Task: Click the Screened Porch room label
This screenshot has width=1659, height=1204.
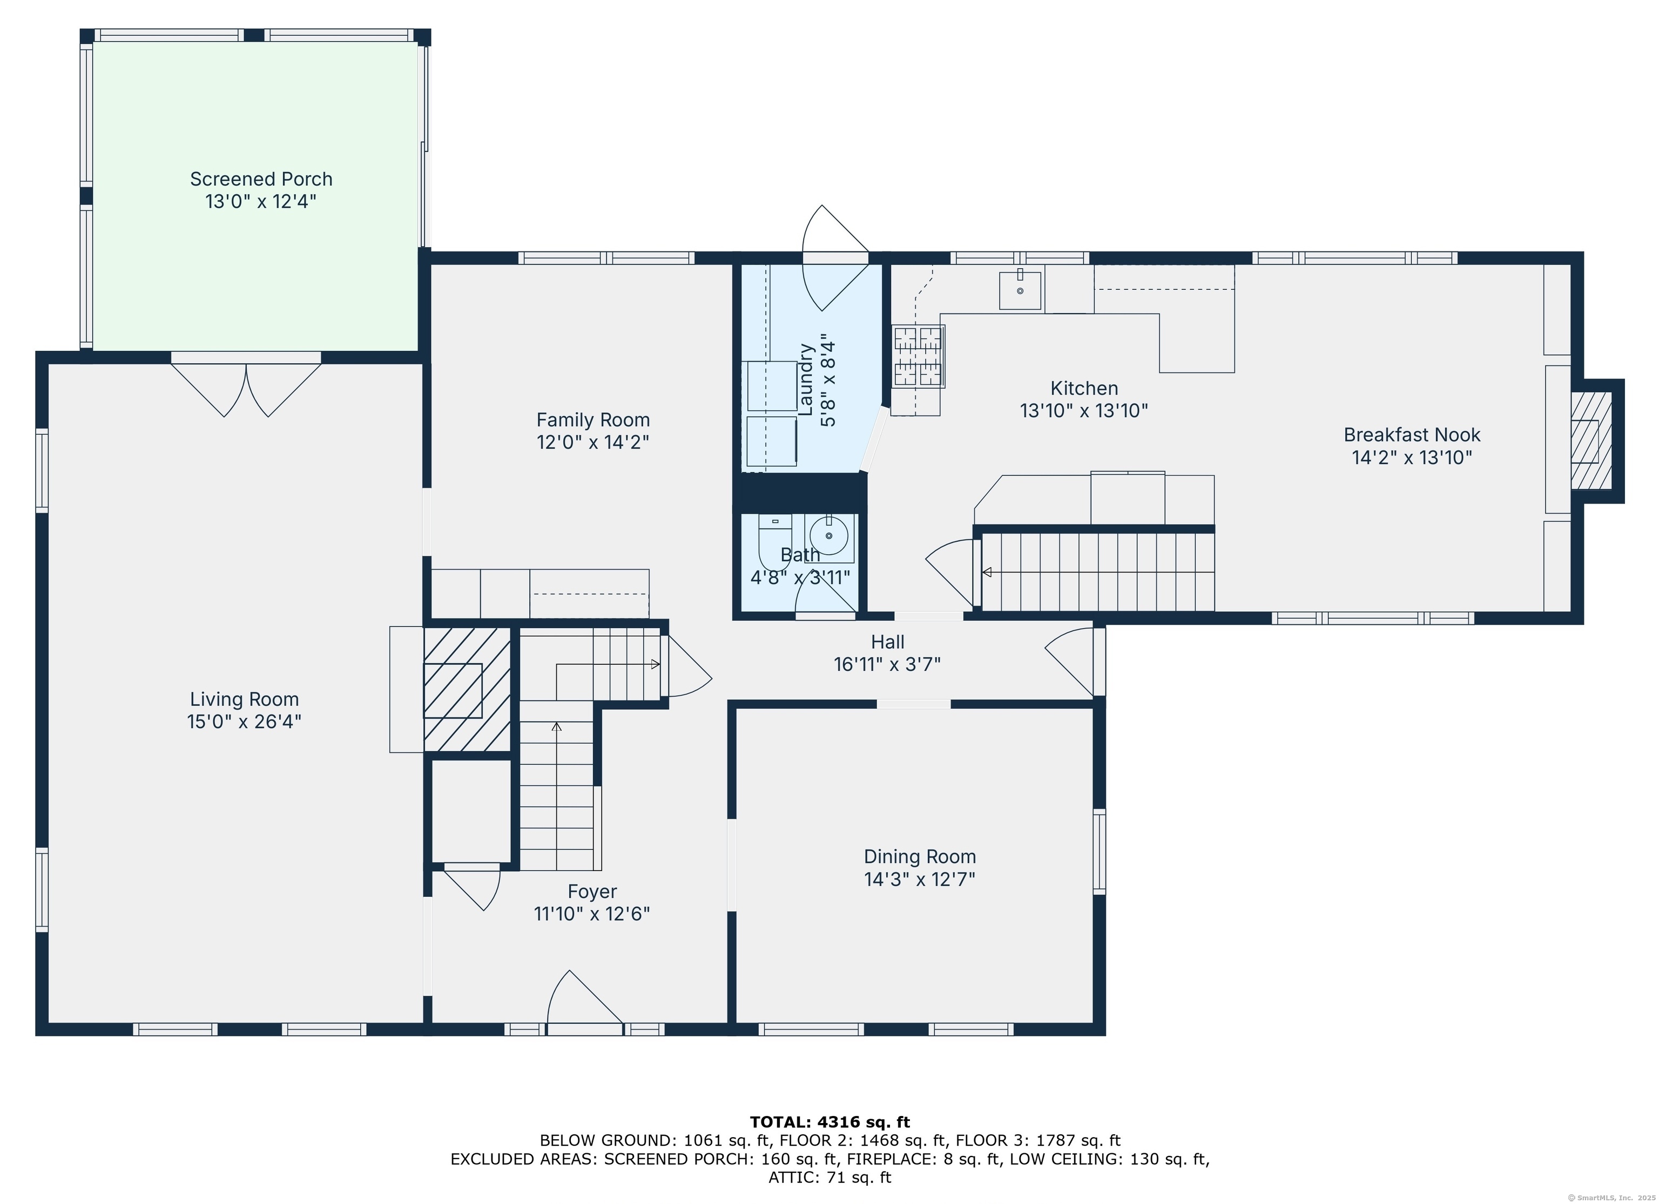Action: click(261, 179)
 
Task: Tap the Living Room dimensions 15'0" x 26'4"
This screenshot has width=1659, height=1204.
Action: click(244, 722)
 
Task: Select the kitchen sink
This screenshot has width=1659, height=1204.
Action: click(1020, 290)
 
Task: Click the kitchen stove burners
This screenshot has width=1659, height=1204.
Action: click(918, 356)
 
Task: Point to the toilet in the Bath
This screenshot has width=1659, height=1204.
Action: click(774, 541)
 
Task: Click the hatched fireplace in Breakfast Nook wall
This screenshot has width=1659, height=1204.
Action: click(1591, 441)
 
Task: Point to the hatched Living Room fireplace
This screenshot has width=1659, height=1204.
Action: click(467, 689)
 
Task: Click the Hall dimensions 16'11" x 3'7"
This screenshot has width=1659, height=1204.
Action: click(887, 664)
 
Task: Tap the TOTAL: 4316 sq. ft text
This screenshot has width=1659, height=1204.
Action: click(829, 1121)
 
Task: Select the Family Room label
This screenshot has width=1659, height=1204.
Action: click(593, 420)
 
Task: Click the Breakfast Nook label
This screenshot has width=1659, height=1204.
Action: click(1412, 435)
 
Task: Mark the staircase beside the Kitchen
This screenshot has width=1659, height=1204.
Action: click(1097, 572)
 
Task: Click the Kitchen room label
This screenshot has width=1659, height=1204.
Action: click(1084, 388)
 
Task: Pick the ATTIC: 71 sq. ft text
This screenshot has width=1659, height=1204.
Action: click(829, 1178)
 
